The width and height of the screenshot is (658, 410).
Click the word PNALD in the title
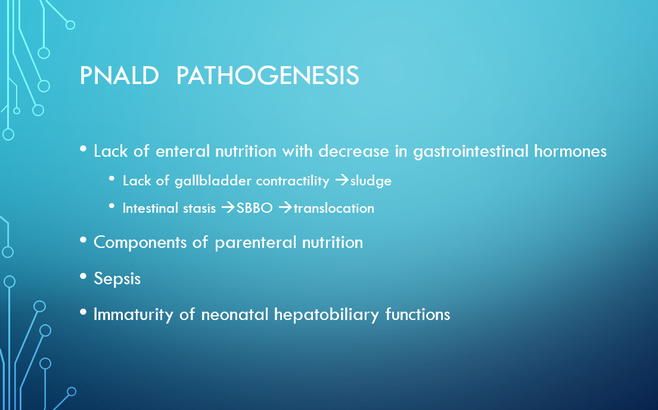pyautogui.click(x=119, y=76)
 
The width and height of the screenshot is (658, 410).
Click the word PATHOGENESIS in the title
pyautogui.click(x=267, y=76)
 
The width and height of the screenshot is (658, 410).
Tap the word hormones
pyautogui.click(x=570, y=151)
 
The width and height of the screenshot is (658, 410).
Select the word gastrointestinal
pyautogui.click(x=470, y=151)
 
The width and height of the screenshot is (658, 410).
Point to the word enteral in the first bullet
pyautogui.click(x=182, y=151)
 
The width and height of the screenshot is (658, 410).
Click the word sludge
pyautogui.click(x=371, y=181)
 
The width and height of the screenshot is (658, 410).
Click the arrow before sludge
pyautogui.click(x=342, y=181)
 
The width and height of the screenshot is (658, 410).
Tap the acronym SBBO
pyautogui.click(x=254, y=208)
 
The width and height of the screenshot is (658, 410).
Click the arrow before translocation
pyautogui.click(x=285, y=208)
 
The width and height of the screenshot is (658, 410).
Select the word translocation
pyautogui.click(x=334, y=208)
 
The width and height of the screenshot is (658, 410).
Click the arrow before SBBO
pyautogui.click(x=228, y=208)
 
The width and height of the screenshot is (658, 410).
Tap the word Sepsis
pyautogui.click(x=117, y=279)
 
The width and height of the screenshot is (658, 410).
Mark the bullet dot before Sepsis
pyautogui.click(x=83, y=276)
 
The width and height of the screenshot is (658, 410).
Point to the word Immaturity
pyautogui.click(x=133, y=314)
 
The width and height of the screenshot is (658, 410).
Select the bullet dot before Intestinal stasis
pyautogui.click(x=111, y=206)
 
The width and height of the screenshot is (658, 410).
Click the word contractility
pyautogui.click(x=293, y=181)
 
